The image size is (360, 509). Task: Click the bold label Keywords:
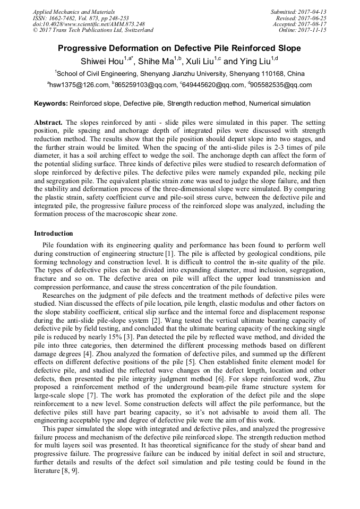[x=51, y=103]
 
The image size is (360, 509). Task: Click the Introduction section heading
[x=54, y=234]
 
